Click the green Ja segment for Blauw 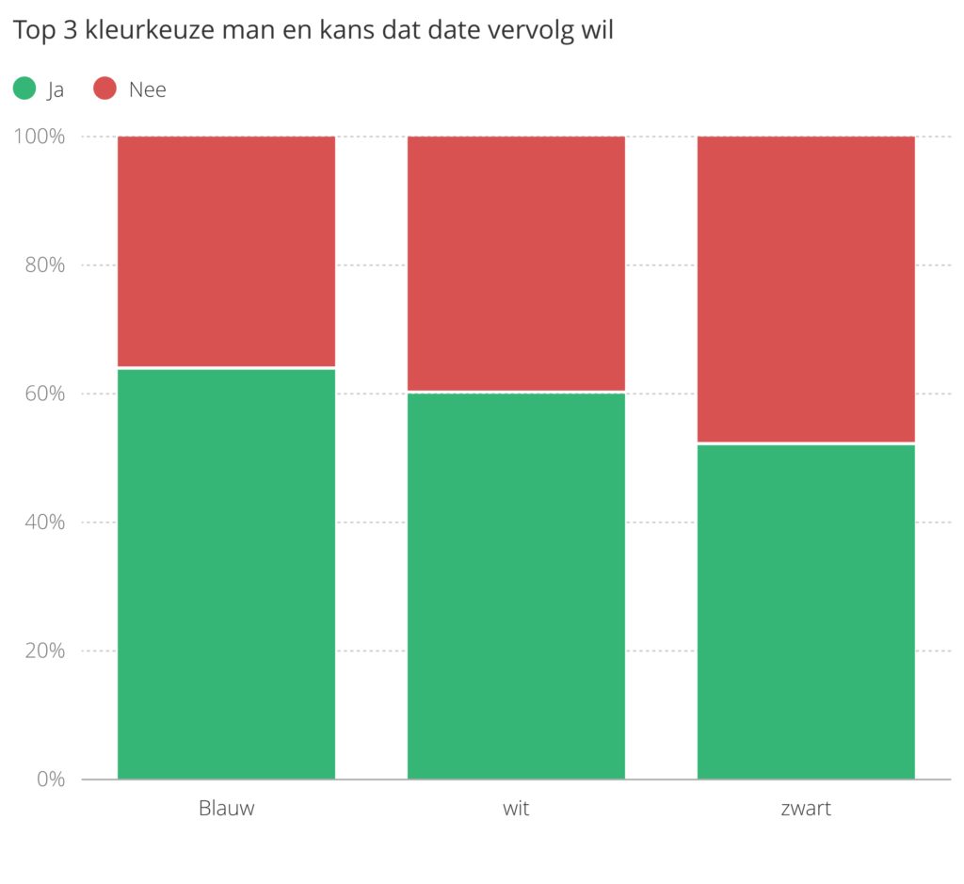pyautogui.click(x=226, y=573)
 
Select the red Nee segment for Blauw pyautogui.click(x=226, y=251)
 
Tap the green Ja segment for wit pyautogui.click(x=516, y=586)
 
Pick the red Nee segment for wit pyautogui.click(x=516, y=264)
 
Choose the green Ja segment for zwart pyautogui.click(x=806, y=611)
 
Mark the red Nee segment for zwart pyautogui.click(x=806, y=289)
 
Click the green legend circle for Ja pyautogui.click(x=24, y=88)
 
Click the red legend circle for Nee pyautogui.click(x=104, y=88)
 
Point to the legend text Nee pyautogui.click(x=148, y=89)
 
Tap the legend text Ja pyautogui.click(x=56, y=89)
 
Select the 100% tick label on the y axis pyautogui.click(x=40, y=137)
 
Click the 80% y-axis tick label pyautogui.click(x=44, y=265)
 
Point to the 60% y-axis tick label pyautogui.click(x=44, y=394)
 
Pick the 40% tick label pyautogui.click(x=44, y=522)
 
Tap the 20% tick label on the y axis pyautogui.click(x=44, y=651)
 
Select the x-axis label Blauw pyautogui.click(x=226, y=809)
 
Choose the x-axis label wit pyautogui.click(x=516, y=809)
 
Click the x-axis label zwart pyautogui.click(x=806, y=809)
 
